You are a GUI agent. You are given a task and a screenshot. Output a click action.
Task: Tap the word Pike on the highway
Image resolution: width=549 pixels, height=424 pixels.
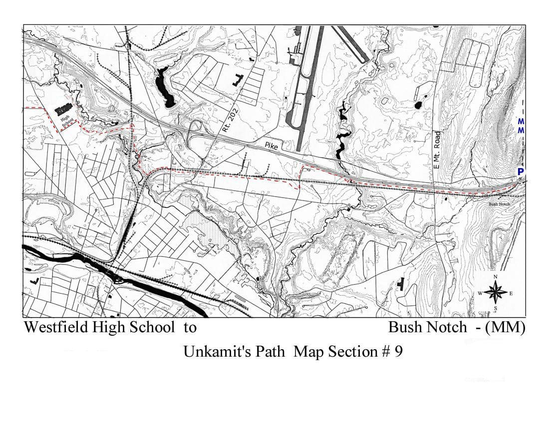[272, 145]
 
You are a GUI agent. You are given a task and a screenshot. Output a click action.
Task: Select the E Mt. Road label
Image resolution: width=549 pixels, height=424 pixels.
[438, 150]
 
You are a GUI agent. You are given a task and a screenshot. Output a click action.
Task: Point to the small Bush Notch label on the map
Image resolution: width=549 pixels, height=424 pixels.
[499, 204]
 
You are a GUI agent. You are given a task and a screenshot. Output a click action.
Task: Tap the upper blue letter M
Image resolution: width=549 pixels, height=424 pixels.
[521, 121]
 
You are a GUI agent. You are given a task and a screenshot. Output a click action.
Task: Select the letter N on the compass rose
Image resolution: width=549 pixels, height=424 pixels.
[495, 277]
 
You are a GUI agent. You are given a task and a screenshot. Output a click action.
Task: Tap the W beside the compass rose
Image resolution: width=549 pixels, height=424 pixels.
[480, 293]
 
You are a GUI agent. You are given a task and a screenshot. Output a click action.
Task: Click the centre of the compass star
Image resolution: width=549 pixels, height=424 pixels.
[495, 292]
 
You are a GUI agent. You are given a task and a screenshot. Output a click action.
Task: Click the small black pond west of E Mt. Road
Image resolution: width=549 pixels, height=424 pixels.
[418, 105]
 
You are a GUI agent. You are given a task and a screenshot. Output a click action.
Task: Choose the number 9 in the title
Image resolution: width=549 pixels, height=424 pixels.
[398, 352]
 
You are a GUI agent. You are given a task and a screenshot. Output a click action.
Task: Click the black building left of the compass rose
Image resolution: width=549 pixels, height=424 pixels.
[400, 284]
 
